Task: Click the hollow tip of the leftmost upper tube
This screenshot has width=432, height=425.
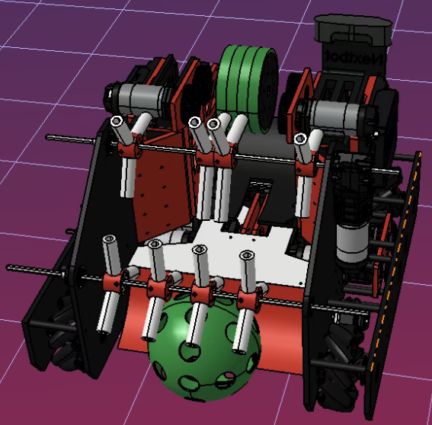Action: (117, 121)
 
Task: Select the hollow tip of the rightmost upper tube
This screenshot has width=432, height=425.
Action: (301, 139)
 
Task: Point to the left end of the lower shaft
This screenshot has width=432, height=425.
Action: (10, 267)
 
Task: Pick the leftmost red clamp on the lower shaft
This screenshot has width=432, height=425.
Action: (114, 283)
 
